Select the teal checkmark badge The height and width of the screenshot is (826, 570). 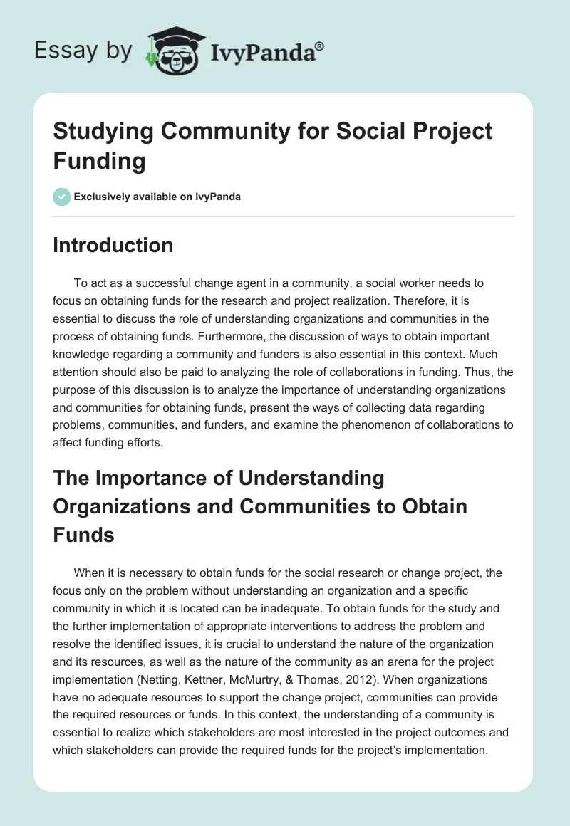click(62, 197)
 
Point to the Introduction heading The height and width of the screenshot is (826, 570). click(113, 245)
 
